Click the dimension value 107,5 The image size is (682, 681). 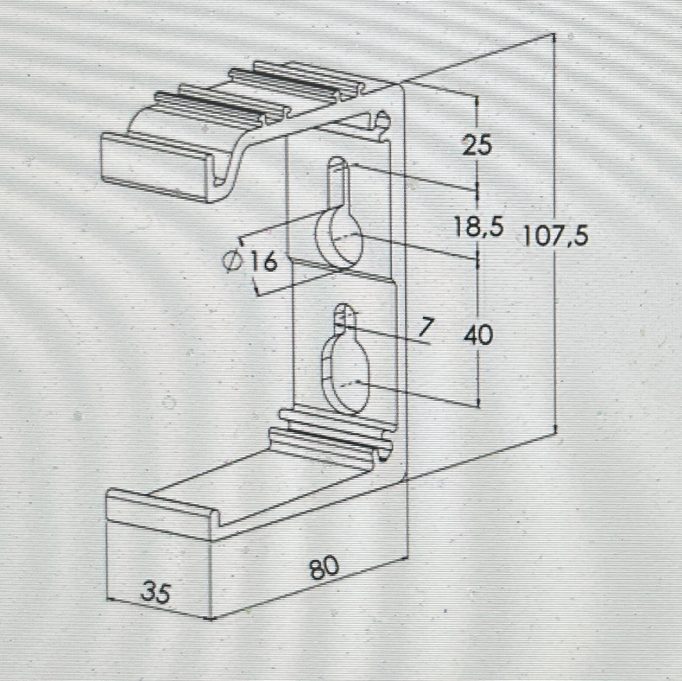click(x=555, y=236)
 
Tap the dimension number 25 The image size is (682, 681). click(x=477, y=145)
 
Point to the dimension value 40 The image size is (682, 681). click(x=478, y=335)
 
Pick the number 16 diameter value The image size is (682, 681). click(x=264, y=262)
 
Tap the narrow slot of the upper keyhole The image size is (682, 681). click(x=339, y=182)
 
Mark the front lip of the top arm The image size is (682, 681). click(x=159, y=167)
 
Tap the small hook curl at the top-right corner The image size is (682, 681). click(x=380, y=122)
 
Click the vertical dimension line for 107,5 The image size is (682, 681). click(x=555, y=235)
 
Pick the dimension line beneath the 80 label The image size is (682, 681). click(x=310, y=587)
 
